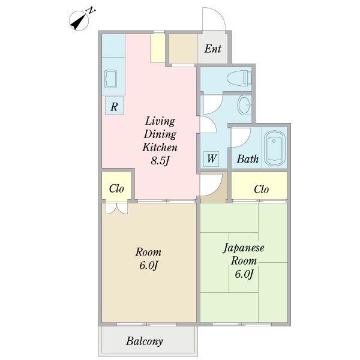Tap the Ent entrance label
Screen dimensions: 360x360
tap(212, 49)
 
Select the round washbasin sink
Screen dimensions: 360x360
tap(245, 106)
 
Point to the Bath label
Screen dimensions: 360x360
tap(247, 159)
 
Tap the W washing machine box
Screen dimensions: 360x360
tap(211, 159)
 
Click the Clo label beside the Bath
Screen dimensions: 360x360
tap(261, 189)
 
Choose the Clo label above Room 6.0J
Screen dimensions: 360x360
tap(116, 188)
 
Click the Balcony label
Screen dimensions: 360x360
tap(145, 341)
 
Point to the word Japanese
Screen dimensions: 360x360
tap(244, 248)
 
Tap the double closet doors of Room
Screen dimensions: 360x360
tap(116, 208)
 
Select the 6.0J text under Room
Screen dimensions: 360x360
tap(147, 265)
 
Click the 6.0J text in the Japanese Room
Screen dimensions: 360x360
tap(244, 274)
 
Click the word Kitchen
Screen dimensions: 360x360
tap(160, 147)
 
